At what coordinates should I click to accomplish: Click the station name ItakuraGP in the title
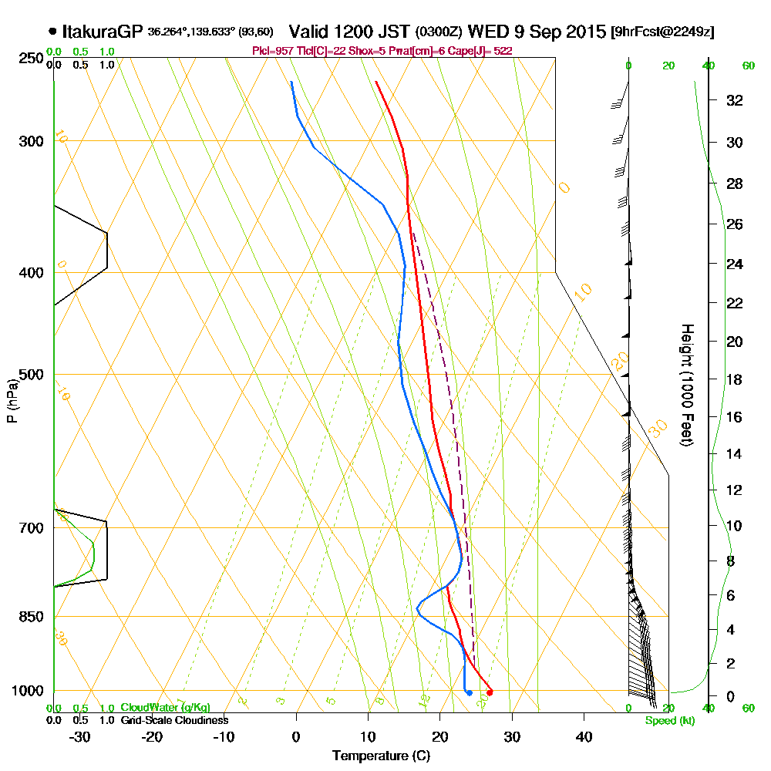pos(103,32)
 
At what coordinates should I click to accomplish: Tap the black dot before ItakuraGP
pos(52,32)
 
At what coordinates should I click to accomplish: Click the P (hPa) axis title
pos(12,400)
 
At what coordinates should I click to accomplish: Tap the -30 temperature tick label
pos(80,736)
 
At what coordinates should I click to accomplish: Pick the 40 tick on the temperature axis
pos(584,736)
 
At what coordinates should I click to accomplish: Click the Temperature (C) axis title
pos(380,756)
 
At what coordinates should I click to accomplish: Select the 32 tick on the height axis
pos(735,99)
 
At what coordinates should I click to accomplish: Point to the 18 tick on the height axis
pos(735,379)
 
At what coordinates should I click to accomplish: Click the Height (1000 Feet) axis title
pos(685,385)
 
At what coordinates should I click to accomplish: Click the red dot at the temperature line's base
pos(490,692)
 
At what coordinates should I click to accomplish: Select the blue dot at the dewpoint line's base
pos(469,693)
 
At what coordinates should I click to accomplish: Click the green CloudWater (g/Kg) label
pos(165,708)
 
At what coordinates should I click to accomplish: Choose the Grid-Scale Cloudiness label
pos(173,720)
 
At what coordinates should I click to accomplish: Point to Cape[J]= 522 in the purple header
pos(483,50)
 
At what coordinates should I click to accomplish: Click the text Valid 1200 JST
pos(349,32)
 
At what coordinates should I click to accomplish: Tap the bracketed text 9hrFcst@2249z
pos(662,32)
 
